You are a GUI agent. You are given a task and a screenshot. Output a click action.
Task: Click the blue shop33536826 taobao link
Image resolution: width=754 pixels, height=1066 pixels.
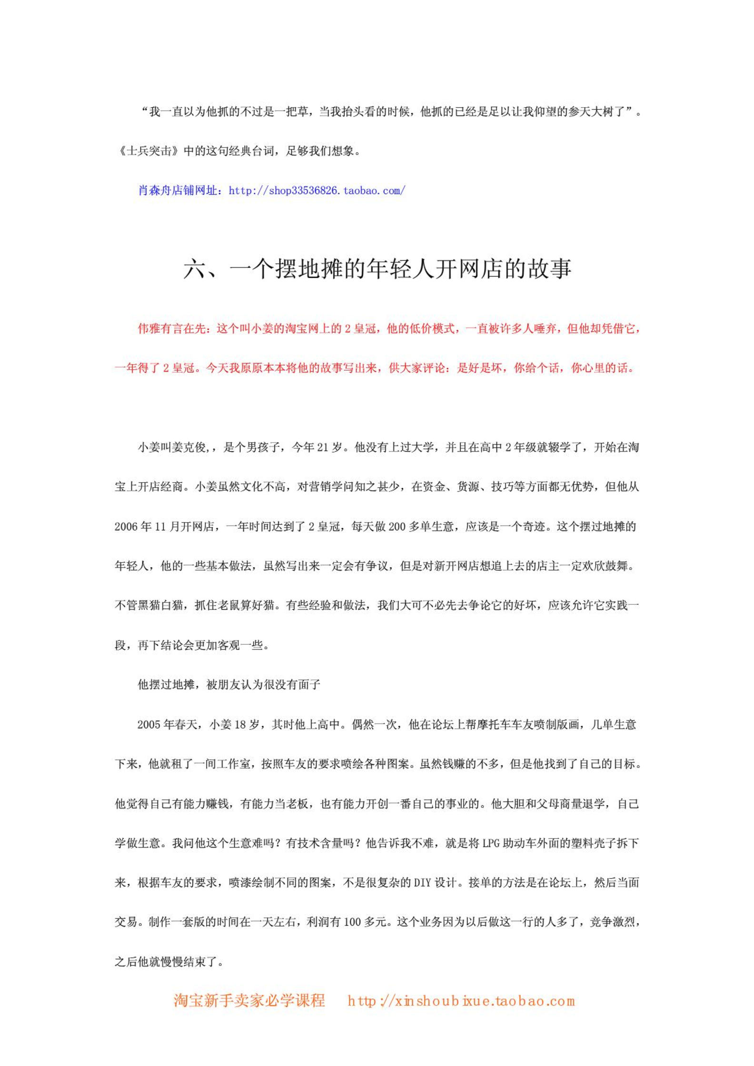pos(317,191)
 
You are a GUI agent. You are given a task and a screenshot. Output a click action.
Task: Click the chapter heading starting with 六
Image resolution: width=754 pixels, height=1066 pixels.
pos(377,269)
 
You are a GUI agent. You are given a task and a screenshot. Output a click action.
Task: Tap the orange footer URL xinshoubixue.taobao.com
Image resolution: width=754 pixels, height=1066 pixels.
pos(461,1000)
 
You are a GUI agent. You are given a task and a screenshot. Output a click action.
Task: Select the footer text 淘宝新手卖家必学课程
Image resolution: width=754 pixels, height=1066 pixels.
pos(249,1000)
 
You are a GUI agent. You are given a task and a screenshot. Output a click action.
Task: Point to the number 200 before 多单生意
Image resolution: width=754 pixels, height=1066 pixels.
pos(397,526)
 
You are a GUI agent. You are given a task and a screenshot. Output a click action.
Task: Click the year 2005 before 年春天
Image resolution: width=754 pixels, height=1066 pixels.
pos(149,725)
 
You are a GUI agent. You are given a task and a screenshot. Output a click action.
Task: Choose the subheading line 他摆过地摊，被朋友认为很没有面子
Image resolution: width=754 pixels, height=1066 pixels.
pos(229,685)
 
